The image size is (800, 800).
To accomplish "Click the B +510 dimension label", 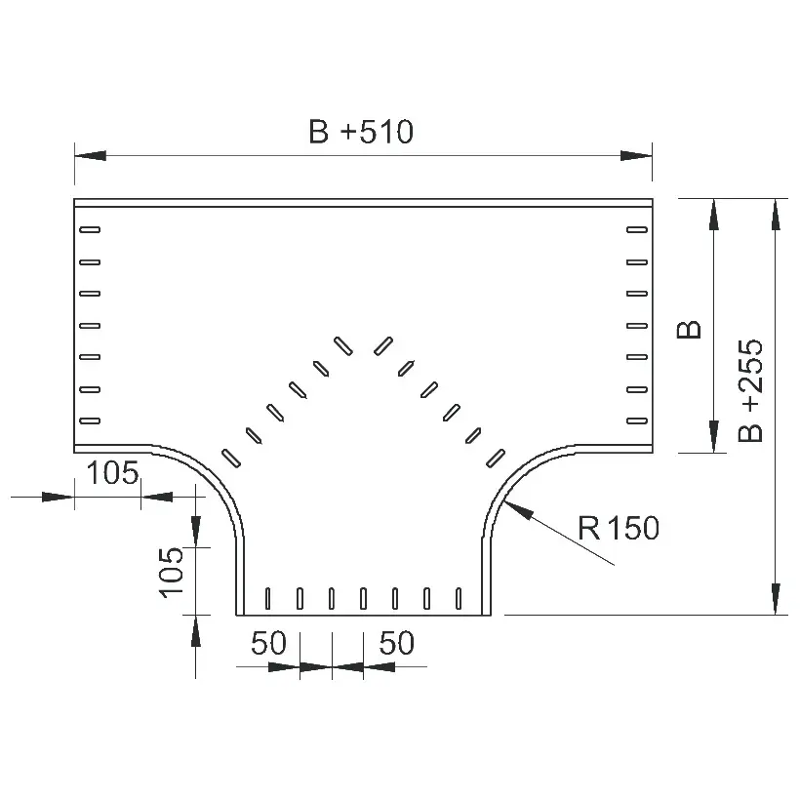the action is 361,132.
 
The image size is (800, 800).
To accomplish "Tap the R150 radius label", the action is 619,528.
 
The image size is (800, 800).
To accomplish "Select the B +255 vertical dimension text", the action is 750,390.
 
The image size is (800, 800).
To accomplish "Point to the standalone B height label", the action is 689,330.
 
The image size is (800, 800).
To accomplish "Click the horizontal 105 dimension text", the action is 113,472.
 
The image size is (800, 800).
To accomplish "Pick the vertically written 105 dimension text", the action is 171,573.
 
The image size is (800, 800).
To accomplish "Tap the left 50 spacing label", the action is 268,643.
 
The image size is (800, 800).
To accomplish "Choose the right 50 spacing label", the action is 396,643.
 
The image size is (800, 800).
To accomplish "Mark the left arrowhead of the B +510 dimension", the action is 91,156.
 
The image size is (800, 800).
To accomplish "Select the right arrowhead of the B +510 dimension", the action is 636,156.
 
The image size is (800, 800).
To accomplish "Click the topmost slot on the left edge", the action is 90,229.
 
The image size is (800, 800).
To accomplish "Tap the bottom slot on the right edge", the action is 637,420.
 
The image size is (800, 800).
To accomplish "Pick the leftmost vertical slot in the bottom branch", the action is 268,598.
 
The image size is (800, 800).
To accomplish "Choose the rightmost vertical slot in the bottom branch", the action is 459,598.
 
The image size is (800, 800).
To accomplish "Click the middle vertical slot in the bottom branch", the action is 363,598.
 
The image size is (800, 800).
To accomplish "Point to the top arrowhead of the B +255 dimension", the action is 776,215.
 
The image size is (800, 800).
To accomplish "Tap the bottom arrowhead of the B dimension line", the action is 714,437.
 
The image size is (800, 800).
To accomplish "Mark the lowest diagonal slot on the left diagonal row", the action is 231,459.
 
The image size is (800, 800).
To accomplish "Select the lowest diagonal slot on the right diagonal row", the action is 496,459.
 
